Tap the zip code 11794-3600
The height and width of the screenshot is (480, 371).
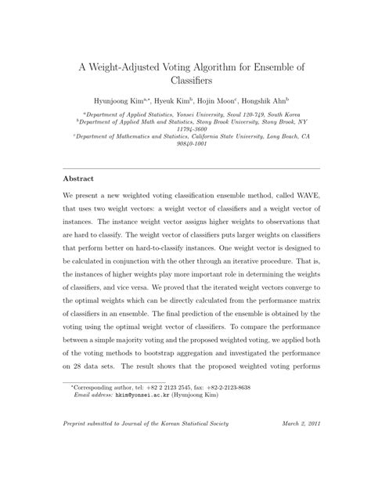pyautogui.click(x=185, y=129)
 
